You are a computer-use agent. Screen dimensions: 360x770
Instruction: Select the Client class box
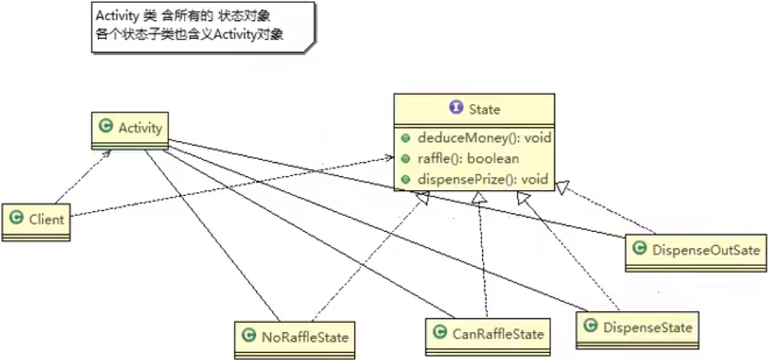tap(36, 220)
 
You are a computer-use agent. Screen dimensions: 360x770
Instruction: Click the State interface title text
tap(484, 109)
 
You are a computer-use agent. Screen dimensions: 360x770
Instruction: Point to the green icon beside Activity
tap(106, 127)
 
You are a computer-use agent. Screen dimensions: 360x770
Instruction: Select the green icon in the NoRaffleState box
tap(249, 337)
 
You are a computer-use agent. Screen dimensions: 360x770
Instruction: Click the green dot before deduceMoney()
tap(406, 139)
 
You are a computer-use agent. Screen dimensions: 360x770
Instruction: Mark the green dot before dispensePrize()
tap(406, 180)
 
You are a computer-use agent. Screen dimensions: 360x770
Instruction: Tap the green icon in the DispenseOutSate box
tap(640, 249)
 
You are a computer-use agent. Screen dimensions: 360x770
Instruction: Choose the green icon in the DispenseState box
tap(590, 327)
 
